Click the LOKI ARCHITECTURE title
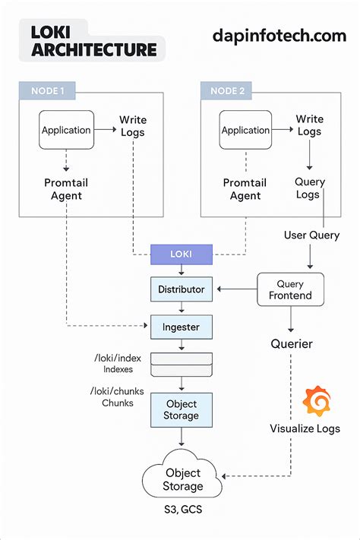point(93,41)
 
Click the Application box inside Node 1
point(66,130)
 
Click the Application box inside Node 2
point(246,130)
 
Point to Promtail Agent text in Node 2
point(245,189)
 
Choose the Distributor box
point(182,289)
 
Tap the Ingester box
point(182,327)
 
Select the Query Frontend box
point(289,289)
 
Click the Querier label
point(292,344)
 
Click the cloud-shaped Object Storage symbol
point(182,478)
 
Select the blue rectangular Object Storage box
point(182,409)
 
